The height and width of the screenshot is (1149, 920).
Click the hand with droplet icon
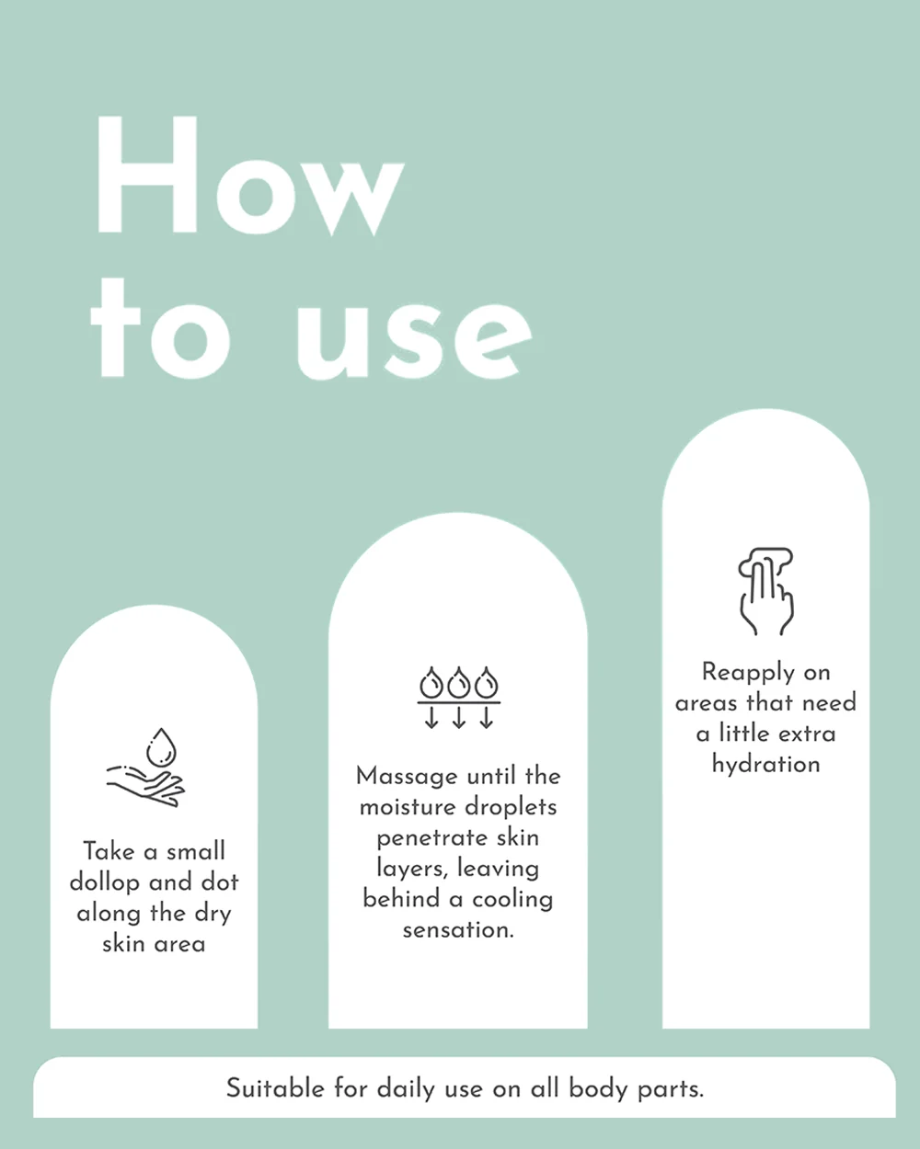point(145,767)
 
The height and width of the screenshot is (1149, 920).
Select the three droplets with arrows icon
point(459,697)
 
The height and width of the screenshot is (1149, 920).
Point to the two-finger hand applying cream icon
point(766,591)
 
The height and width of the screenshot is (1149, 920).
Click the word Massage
point(408,778)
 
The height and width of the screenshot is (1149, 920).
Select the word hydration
point(766,764)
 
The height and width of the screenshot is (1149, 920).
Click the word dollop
point(105,883)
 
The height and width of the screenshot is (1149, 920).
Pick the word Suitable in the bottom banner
point(275,1088)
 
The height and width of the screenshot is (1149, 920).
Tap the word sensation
point(458,930)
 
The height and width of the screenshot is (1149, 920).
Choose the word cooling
point(512,900)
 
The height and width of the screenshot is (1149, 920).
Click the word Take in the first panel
point(109,851)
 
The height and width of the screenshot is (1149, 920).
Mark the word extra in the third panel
point(806,734)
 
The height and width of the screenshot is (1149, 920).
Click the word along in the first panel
point(109,914)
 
